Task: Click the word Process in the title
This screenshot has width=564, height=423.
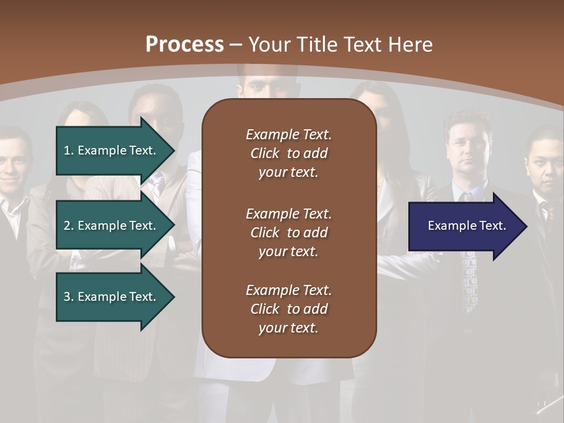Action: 184,44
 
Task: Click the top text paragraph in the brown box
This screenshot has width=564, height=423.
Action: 288,153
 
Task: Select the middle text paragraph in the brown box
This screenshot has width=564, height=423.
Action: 288,232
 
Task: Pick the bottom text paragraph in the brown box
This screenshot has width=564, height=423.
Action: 288,309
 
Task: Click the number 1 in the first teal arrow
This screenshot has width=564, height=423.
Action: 67,150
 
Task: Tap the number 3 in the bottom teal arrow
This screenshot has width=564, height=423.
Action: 67,297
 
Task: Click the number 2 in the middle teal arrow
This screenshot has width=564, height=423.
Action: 67,226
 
